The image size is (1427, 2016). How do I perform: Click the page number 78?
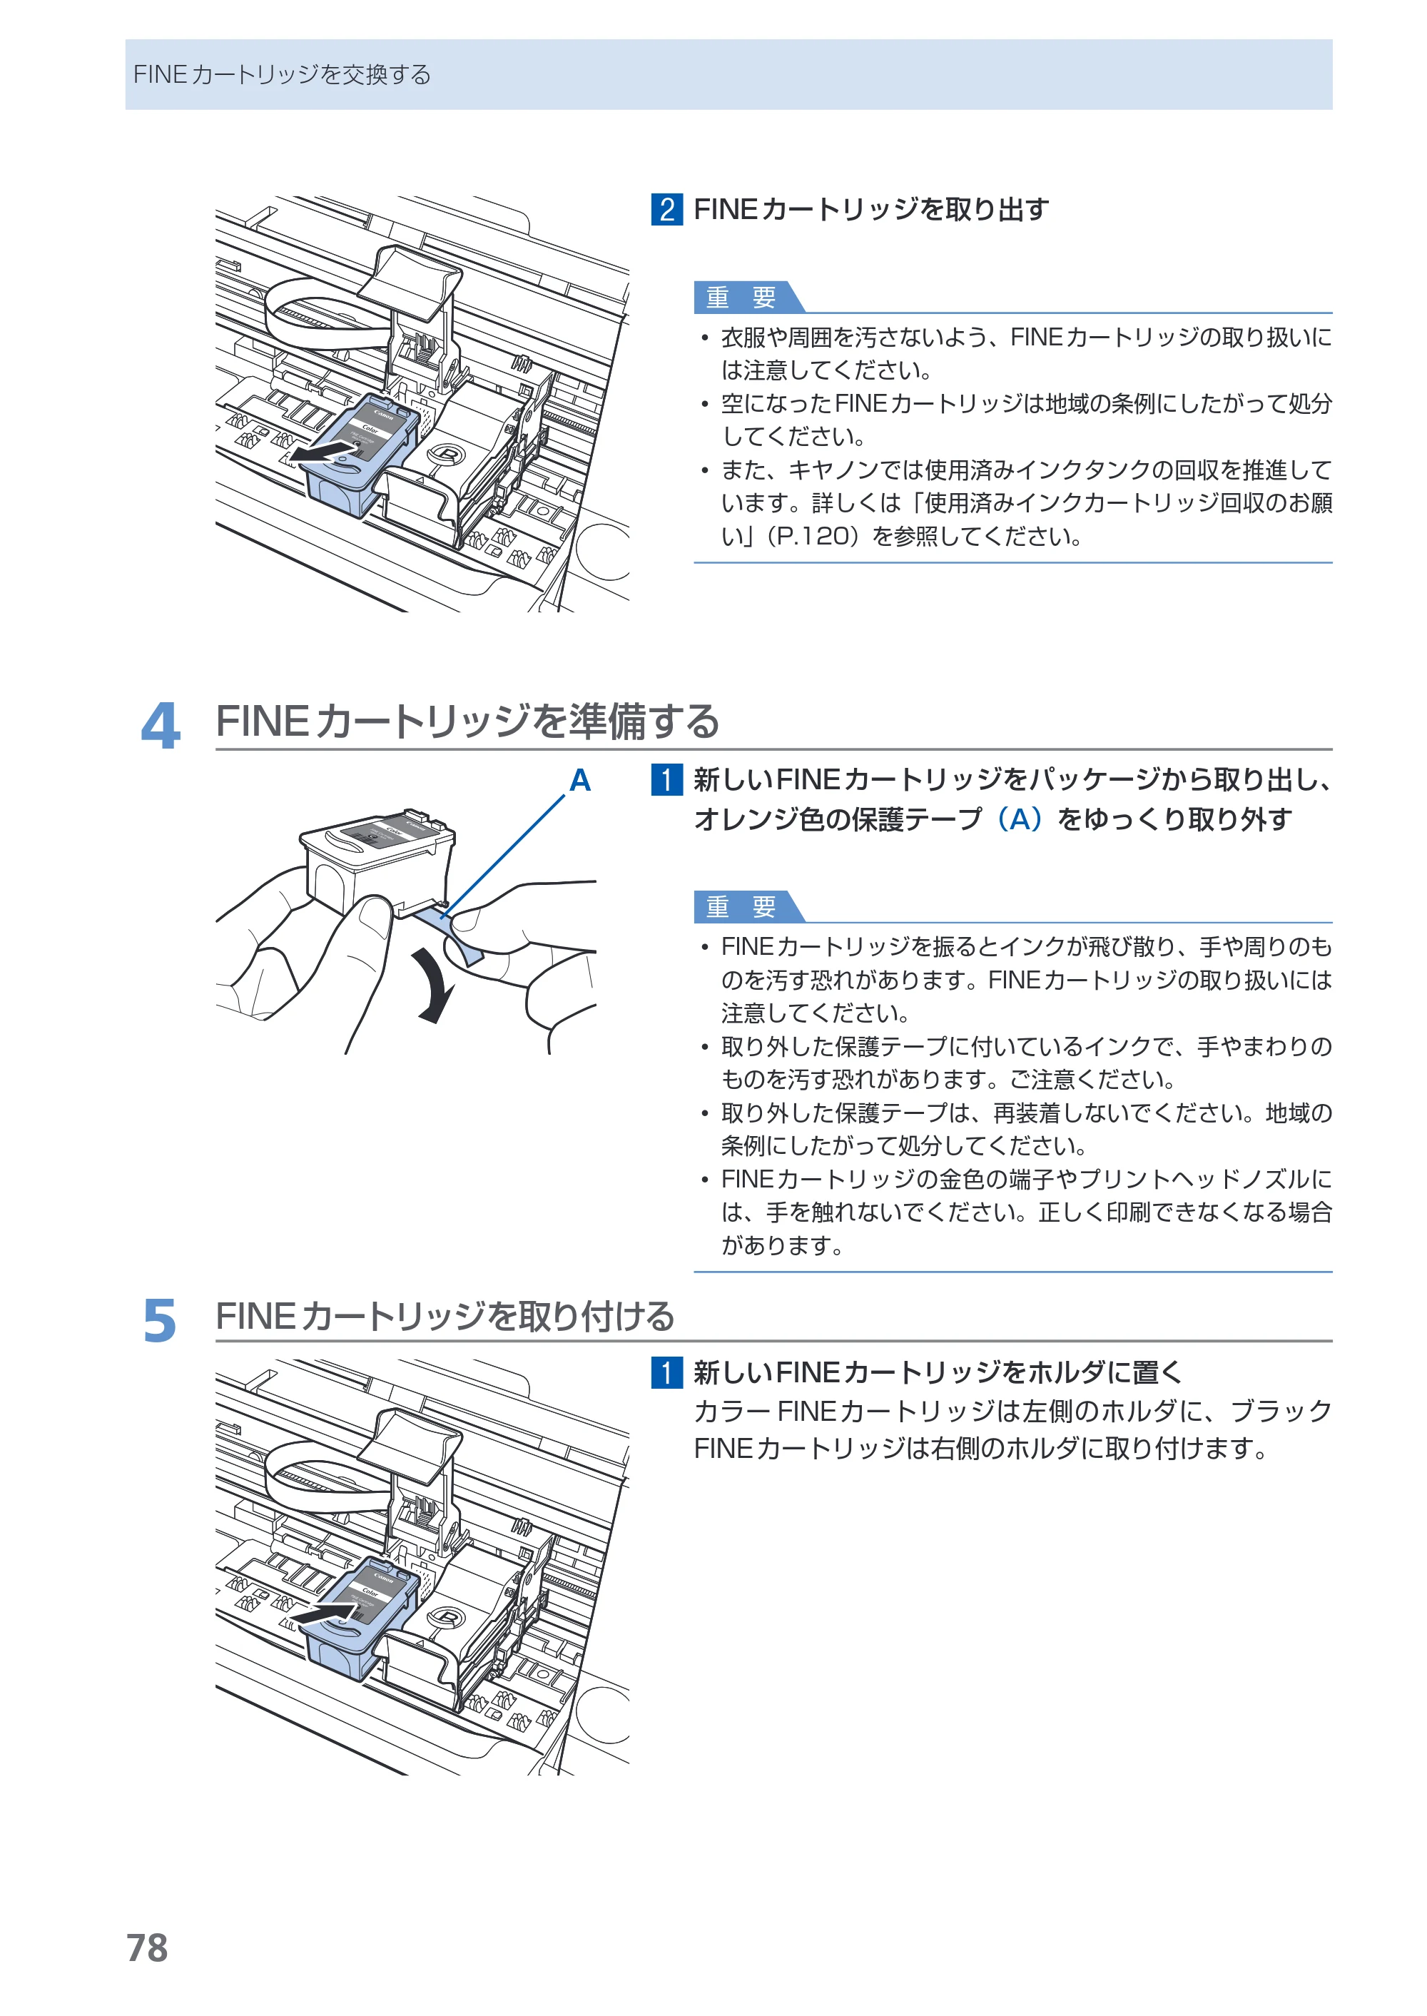click(x=147, y=1947)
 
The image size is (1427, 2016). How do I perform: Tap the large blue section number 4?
click(x=161, y=726)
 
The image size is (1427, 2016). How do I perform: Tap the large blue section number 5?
click(x=160, y=1321)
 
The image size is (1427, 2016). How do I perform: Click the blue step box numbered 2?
click(x=667, y=209)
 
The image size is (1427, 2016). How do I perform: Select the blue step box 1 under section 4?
click(x=667, y=779)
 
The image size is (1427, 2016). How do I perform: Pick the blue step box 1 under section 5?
click(x=667, y=1372)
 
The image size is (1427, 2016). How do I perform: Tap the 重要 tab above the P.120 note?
click(x=748, y=297)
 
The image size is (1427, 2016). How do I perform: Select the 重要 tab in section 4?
click(x=748, y=906)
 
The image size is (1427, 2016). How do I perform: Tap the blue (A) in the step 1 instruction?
click(x=1020, y=819)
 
